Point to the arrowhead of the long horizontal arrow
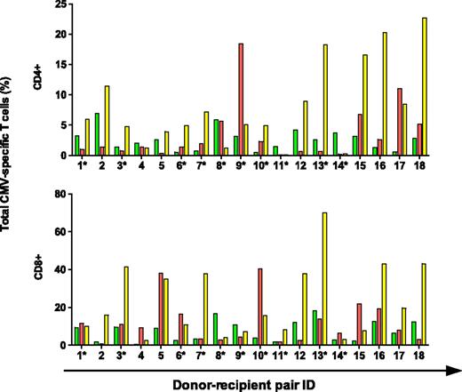click(x=454, y=367)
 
